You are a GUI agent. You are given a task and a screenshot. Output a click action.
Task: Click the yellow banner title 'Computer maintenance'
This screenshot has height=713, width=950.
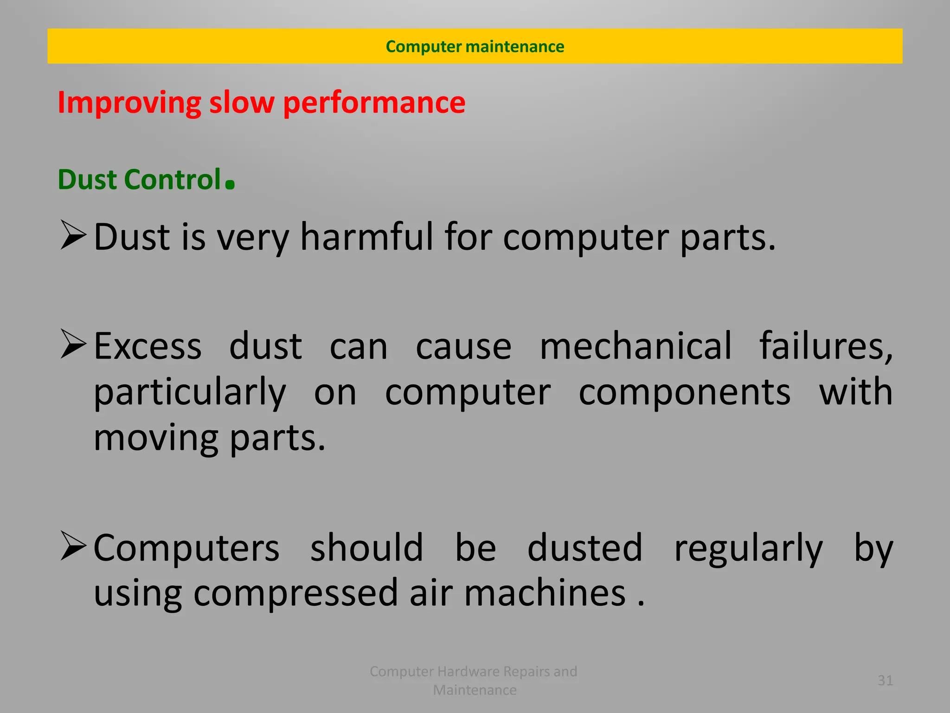[x=475, y=46]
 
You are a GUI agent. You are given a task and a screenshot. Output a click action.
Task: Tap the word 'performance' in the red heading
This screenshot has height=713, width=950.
[x=374, y=103]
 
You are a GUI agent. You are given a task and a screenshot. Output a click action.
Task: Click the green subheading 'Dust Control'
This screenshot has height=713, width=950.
[x=139, y=180]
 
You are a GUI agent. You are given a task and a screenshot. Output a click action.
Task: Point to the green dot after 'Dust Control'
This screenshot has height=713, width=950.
[x=230, y=184]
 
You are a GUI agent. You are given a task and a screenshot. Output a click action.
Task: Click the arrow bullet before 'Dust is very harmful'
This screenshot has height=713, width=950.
[x=73, y=235]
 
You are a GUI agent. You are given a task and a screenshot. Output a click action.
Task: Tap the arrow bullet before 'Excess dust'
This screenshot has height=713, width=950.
[x=73, y=344]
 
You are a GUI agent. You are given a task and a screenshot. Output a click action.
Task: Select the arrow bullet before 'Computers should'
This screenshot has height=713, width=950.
[x=73, y=546]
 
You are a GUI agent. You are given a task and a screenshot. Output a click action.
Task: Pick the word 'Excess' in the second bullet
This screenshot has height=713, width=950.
[x=148, y=346]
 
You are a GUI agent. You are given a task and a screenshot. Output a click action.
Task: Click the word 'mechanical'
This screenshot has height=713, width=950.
[x=636, y=346]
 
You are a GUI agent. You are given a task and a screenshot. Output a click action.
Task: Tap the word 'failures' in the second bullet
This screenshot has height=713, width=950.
[x=825, y=346]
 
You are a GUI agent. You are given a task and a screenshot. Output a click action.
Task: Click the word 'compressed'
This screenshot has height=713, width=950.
[x=295, y=594]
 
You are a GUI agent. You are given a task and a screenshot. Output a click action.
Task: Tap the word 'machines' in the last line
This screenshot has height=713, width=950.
[x=545, y=594]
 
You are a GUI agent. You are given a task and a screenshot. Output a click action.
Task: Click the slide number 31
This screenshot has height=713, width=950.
[x=885, y=681]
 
